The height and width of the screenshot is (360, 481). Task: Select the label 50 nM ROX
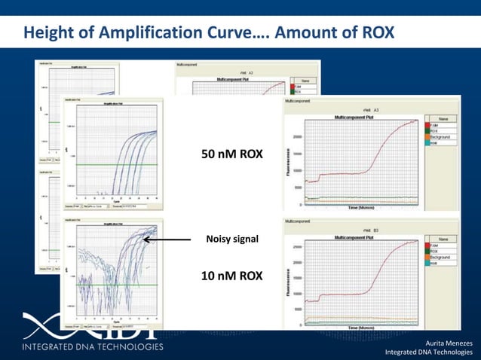(231, 154)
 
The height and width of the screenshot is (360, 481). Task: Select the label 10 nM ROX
(231, 276)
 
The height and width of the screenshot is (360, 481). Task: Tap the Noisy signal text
(232, 239)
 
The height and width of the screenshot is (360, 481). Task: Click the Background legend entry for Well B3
(440, 257)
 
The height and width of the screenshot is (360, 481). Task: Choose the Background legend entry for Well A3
(440, 137)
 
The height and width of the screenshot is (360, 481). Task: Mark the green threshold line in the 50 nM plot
(113, 165)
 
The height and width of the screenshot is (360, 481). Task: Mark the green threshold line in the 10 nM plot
(113, 284)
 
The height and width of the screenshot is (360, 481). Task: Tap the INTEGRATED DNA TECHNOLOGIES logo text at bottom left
(92, 346)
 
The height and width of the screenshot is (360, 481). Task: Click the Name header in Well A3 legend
(443, 119)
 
